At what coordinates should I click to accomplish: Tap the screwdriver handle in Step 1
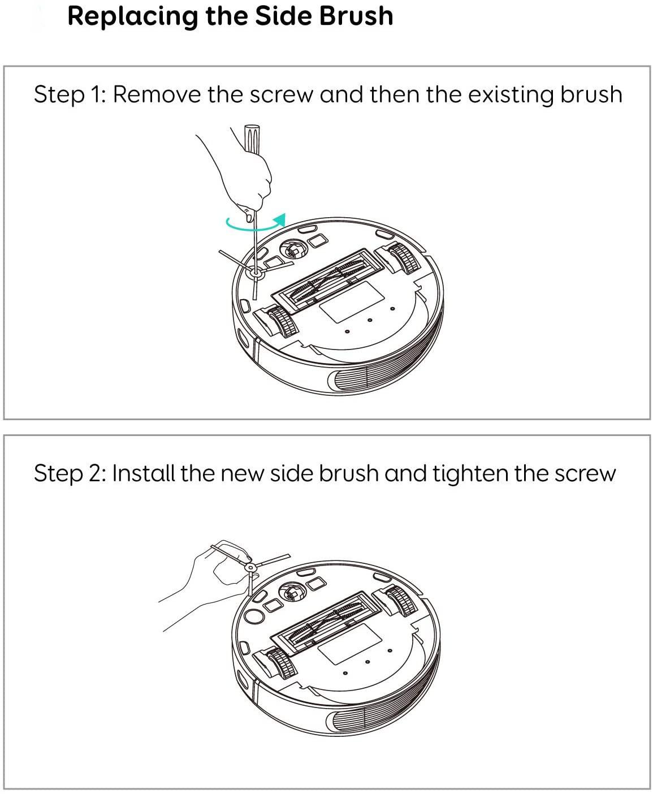coord(252,139)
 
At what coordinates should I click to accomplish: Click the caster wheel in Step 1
coord(293,248)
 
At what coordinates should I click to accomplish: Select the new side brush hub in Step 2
coord(249,567)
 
